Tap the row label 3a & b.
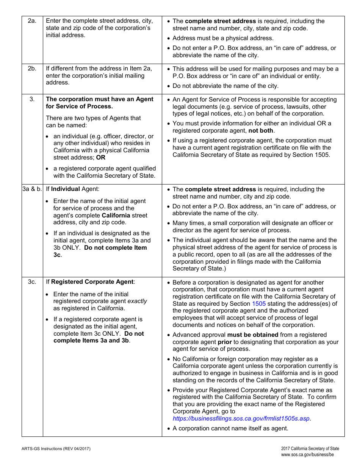32,189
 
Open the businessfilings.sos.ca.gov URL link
241,419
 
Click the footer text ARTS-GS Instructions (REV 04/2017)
56,449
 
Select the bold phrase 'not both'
261,131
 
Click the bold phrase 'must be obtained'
253,335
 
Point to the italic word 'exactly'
137,301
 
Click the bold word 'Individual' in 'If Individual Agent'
66,189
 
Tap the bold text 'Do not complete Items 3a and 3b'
99,337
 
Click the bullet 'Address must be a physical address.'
223,38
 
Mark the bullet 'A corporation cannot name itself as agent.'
230,428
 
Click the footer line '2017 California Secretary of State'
310,449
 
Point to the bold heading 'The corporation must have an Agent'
100,99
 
